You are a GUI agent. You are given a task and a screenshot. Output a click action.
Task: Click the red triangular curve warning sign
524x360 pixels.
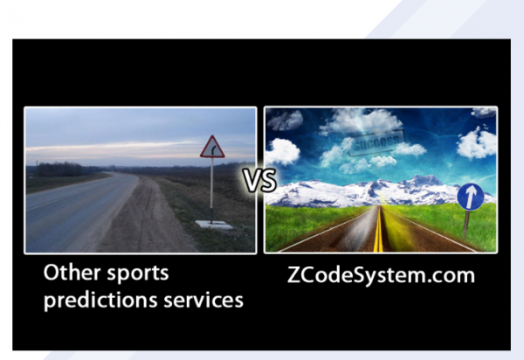(x=212, y=147)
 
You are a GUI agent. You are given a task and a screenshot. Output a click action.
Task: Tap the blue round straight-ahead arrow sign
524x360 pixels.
(x=471, y=197)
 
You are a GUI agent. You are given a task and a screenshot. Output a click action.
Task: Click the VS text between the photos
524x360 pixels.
(x=259, y=181)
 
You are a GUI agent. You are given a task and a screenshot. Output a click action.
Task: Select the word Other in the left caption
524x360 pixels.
(x=72, y=273)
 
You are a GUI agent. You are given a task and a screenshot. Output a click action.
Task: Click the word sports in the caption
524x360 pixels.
(x=138, y=274)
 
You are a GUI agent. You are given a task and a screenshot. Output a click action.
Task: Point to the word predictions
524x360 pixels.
(x=100, y=300)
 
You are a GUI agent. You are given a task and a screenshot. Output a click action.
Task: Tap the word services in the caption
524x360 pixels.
(x=203, y=301)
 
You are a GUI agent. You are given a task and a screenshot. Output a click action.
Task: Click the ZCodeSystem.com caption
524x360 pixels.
(x=381, y=275)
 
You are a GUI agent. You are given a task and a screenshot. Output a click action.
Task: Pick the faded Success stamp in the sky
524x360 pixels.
(x=376, y=142)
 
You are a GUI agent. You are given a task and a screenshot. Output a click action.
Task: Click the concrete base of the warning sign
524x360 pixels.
(x=214, y=225)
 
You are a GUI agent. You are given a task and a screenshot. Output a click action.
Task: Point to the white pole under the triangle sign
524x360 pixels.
(x=211, y=189)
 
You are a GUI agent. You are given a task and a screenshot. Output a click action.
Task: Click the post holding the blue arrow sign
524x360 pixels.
(x=466, y=224)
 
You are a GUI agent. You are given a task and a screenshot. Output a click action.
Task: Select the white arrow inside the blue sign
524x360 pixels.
(x=471, y=197)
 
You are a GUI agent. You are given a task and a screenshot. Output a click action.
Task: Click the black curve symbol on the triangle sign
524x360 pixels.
(x=214, y=150)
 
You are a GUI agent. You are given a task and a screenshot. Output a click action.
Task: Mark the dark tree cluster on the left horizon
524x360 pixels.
(x=59, y=170)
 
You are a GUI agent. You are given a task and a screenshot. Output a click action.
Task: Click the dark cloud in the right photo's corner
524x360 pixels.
(x=285, y=120)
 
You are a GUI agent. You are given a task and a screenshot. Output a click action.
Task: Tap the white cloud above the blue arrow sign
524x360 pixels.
(x=477, y=142)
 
